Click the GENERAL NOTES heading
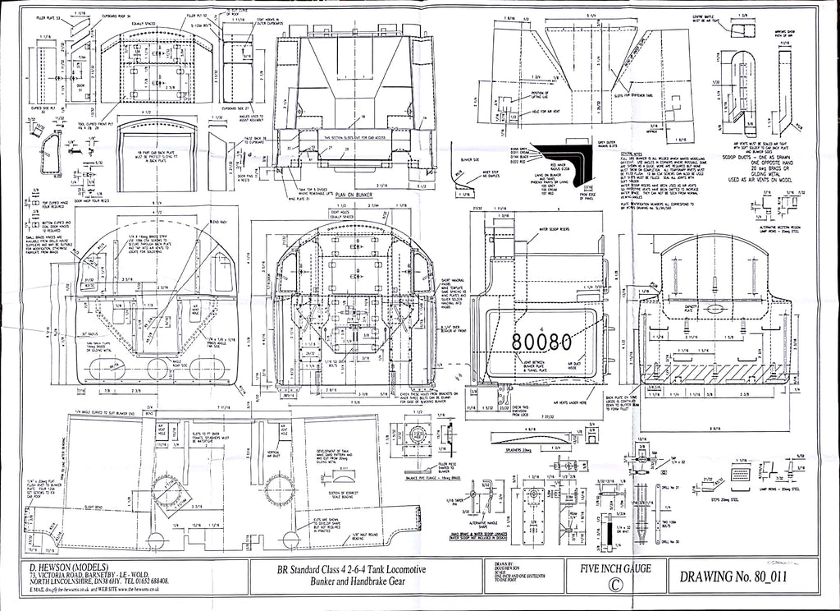[x=632, y=154]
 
